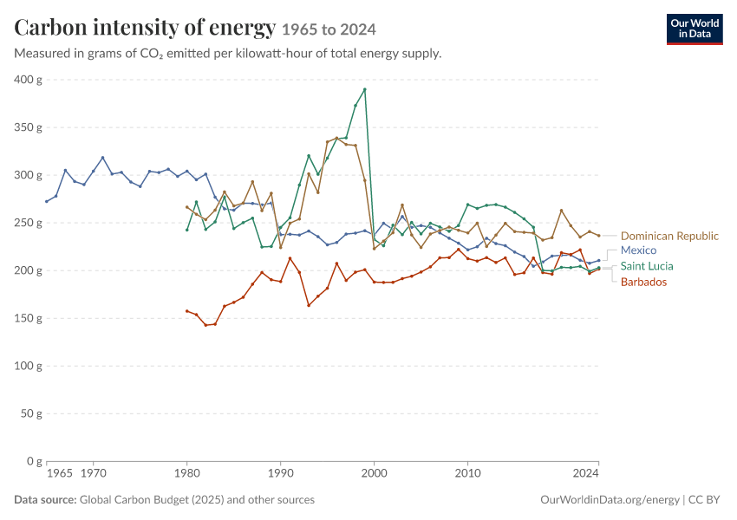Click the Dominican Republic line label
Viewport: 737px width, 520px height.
tap(669, 236)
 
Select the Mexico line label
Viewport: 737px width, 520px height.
tap(638, 250)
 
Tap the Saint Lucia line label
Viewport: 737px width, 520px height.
tap(647, 266)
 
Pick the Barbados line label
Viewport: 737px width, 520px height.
tap(643, 282)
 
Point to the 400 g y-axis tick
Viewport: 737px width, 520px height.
tap(28, 80)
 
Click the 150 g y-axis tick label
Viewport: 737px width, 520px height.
tap(28, 318)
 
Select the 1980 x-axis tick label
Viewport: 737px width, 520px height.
tap(186, 473)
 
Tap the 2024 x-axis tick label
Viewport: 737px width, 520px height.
tap(585, 473)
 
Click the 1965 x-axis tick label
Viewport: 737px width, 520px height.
tap(59, 473)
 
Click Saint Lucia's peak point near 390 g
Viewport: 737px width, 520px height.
tap(365, 89)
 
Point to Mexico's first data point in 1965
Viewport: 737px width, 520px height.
tap(47, 202)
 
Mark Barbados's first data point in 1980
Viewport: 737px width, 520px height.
tap(186, 311)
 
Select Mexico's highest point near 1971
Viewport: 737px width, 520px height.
tap(102, 158)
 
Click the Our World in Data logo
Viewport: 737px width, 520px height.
tap(695, 29)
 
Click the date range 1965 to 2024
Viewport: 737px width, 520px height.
tap(329, 29)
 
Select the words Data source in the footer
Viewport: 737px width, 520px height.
tap(45, 499)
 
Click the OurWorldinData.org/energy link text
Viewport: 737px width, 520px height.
tap(610, 500)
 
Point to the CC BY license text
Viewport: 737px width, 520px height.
tap(704, 500)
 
